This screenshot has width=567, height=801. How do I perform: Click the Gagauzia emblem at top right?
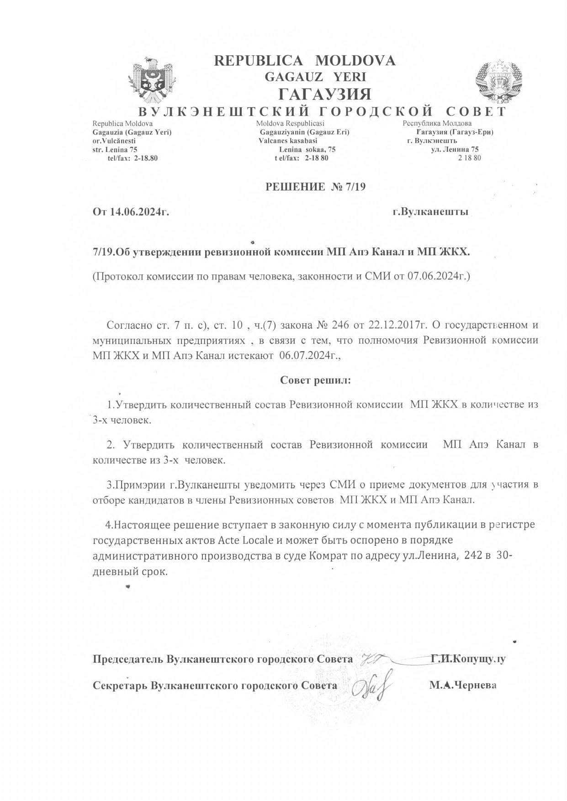499,81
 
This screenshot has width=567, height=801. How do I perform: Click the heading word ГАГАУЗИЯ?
324,94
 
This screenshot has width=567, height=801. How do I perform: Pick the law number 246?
340,325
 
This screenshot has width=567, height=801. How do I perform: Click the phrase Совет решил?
315,380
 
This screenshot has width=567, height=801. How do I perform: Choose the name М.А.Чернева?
462,685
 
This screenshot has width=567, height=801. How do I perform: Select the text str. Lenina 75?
115,149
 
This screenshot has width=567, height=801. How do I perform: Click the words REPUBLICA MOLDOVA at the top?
305,61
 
